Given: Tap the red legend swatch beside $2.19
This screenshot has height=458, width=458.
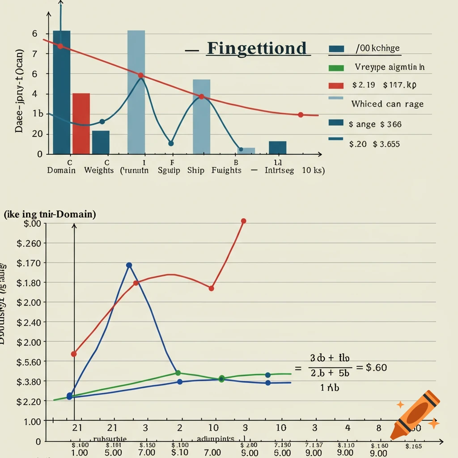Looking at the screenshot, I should point(336,85).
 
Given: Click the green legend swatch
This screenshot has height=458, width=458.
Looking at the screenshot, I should point(336,68).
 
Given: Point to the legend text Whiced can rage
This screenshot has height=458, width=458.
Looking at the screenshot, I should point(387,104).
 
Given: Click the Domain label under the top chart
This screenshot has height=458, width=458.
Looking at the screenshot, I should point(61,170).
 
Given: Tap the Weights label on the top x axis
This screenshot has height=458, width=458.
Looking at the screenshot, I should point(99,170).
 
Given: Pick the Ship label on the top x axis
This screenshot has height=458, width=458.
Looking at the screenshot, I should point(195,170).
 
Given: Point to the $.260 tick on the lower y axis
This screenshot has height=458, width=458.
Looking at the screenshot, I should point(29,243).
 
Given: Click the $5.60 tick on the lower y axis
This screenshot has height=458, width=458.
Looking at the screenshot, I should point(29,361).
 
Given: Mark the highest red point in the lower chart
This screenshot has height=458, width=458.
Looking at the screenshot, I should point(244,221).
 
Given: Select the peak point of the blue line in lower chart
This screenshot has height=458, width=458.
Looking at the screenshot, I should point(129,265).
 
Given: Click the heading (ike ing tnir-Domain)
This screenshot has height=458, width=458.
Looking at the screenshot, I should point(50,215).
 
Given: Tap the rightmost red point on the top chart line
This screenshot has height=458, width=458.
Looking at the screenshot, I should point(301,115).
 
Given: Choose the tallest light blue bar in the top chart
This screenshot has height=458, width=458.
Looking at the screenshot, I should point(136,92).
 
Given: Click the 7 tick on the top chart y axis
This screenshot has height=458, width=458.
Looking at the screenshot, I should point(34,54).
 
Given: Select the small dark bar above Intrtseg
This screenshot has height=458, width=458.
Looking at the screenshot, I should point(277,147).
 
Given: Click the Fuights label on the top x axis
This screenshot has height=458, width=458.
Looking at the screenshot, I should point(226,170).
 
